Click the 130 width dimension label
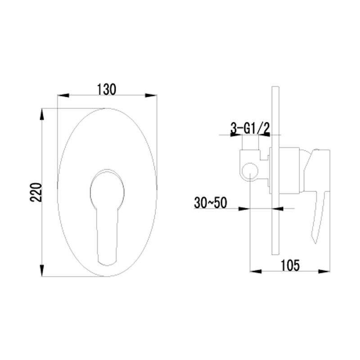[x=107, y=89]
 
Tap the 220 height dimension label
[x=36, y=192]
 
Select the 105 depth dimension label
[x=290, y=265]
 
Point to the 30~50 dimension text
[x=211, y=203]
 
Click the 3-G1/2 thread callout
[x=250, y=128]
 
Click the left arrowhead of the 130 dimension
[x=63, y=95]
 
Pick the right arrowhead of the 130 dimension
[x=151, y=95]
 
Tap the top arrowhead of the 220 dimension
[x=42, y=114]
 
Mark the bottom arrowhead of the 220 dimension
[x=42, y=271]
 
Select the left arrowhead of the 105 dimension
[x=256, y=272]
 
